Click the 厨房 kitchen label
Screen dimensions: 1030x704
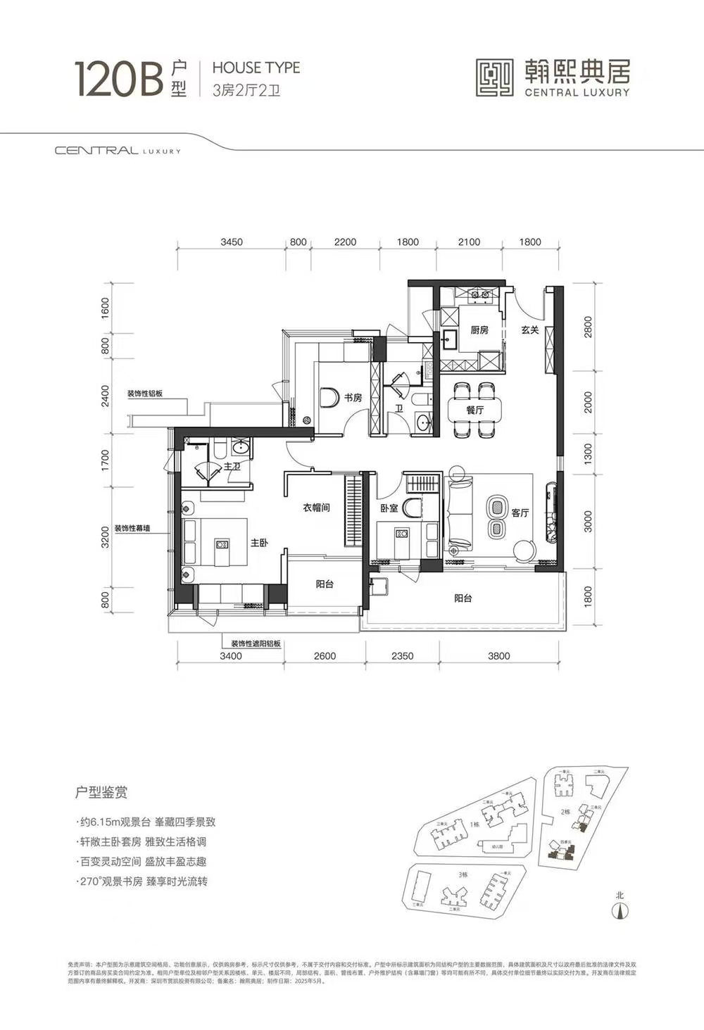coord(479,329)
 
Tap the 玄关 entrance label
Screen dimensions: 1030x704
coord(530,329)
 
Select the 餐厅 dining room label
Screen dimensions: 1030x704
coord(474,410)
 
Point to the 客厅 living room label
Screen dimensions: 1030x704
coord(520,513)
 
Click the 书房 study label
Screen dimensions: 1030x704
coord(353,398)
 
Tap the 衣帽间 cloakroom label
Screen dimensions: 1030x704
coord(316,507)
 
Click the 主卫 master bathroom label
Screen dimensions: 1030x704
coord(232,467)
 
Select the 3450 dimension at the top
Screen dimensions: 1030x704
coord(231,242)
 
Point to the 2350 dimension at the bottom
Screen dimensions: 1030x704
coord(402,656)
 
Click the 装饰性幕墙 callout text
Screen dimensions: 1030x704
coord(132,529)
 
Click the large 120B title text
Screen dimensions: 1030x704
coord(119,78)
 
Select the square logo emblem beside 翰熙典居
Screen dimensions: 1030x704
coord(494,77)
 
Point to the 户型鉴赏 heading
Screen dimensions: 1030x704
coord(101,793)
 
